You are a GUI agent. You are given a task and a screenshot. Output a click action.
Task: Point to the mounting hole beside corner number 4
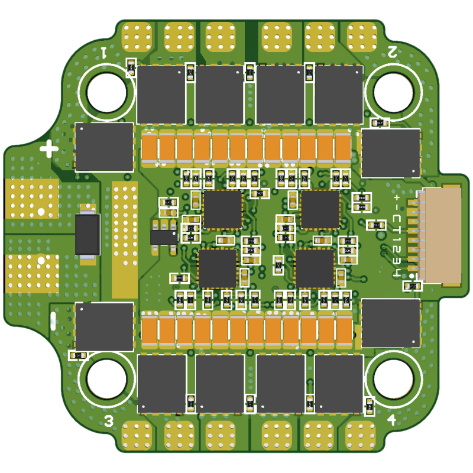(393, 378)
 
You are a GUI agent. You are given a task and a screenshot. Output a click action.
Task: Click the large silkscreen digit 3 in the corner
(109, 421)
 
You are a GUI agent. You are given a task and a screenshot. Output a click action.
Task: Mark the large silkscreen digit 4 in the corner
(391, 420)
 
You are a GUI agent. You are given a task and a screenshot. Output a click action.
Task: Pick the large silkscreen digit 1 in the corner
(104, 52)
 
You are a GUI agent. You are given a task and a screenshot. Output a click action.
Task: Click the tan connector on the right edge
(440, 235)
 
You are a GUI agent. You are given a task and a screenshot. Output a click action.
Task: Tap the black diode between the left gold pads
(88, 234)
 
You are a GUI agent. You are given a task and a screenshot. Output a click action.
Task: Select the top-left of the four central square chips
(223, 209)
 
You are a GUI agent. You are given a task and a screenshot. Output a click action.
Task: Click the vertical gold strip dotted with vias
(125, 239)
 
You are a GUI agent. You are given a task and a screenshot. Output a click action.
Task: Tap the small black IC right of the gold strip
(164, 237)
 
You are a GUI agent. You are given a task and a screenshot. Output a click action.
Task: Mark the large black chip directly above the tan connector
(391, 153)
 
